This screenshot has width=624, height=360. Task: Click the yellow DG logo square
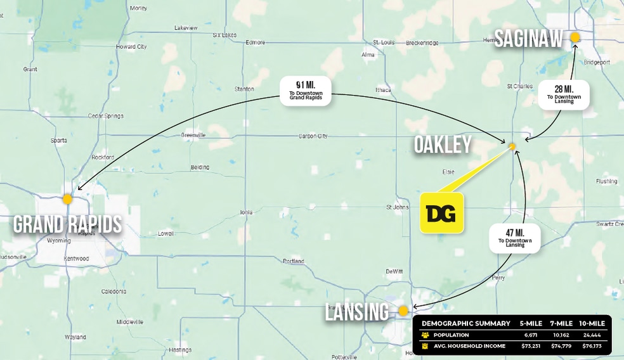pyautogui.click(x=442, y=213)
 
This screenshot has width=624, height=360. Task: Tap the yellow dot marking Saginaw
pyautogui.click(x=575, y=37)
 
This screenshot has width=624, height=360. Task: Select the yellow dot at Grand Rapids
pyautogui.click(x=67, y=199)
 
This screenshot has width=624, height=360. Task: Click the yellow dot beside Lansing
pyautogui.click(x=403, y=311)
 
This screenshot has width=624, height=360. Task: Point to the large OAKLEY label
pyautogui.click(x=443, y=145)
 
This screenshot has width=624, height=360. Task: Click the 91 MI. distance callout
pyautogui.click(x=305, y=91)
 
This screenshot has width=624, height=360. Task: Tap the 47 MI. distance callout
pyautogui.click(x=514, y=238)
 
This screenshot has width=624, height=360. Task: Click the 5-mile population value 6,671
pyautogui.click(x=531, y=335)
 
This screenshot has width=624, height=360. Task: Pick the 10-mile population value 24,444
pyautogui.click(x=592, y=335)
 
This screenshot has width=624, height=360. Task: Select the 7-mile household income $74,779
pyautogui.click(x=561, y=346)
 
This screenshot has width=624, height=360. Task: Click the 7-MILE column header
pyautogui.click(x=561, y=323)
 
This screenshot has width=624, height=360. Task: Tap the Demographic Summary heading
pyautogui.click(x=465, y=323)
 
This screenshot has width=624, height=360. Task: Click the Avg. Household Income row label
pyautogui.click(x=469, y=346)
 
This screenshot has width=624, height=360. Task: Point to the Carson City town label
pyautogui.click(x=313, y=136)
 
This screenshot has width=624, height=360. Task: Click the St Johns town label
pyautogui.click(x=398, y=207)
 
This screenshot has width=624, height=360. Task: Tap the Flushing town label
pyautogui.click(x=606, y=181)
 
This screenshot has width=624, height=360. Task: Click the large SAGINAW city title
pyautogui.click(x=528, y=39)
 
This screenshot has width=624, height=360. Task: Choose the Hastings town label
pyautogui.click(x=180, y=350)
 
